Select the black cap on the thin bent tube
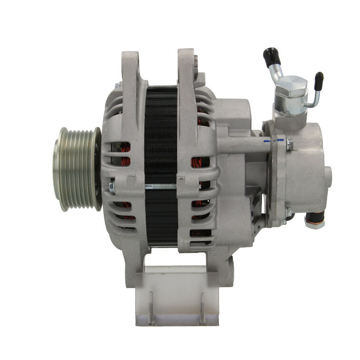[319, 78]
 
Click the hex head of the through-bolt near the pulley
[112, 187]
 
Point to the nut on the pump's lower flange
[289, 213]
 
